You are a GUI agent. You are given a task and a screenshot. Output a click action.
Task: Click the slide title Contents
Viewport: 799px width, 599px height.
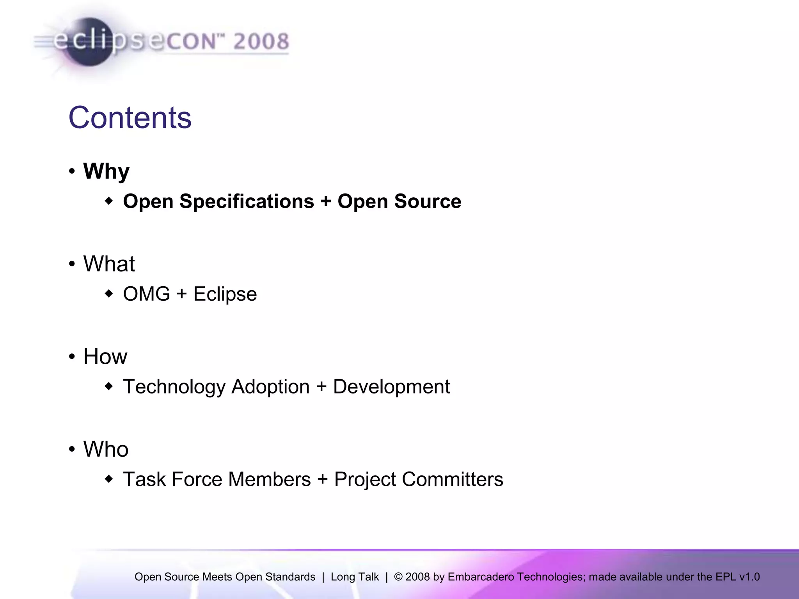coord(130,118)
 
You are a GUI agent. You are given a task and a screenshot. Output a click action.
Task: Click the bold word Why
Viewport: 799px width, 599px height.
coord(106,171)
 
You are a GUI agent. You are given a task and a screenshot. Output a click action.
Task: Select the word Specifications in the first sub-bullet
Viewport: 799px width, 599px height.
coord(247,202)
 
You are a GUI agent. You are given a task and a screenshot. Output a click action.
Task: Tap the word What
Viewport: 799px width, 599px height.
coord(109,264)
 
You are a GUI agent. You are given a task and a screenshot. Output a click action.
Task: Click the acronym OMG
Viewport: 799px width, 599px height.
coord(146,294)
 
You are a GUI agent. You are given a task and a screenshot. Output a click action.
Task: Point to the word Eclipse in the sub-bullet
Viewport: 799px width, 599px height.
coord(225,294)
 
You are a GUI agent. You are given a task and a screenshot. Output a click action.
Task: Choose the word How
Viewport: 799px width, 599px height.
coord(105,356)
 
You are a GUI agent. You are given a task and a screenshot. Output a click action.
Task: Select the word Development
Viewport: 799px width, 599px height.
coord(391,387)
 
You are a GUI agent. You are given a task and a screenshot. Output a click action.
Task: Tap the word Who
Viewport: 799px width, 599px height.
coord(106,449)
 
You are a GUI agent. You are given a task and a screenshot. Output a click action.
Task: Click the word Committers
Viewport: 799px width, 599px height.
coord(452,479)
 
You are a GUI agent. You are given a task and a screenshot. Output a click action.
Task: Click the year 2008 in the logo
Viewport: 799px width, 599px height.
coord(261,41)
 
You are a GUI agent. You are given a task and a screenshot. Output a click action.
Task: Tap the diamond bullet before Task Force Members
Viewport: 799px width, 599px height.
coord(109,478)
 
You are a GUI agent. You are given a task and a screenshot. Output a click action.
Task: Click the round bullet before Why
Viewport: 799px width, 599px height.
coord(72,171)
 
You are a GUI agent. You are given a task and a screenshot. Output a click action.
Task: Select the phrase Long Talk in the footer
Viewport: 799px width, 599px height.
coord(355,577)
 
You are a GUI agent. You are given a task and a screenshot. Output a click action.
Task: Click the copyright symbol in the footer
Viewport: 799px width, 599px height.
coord(398,577)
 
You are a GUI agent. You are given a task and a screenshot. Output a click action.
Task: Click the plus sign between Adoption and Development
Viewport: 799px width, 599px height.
coord(321,387)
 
